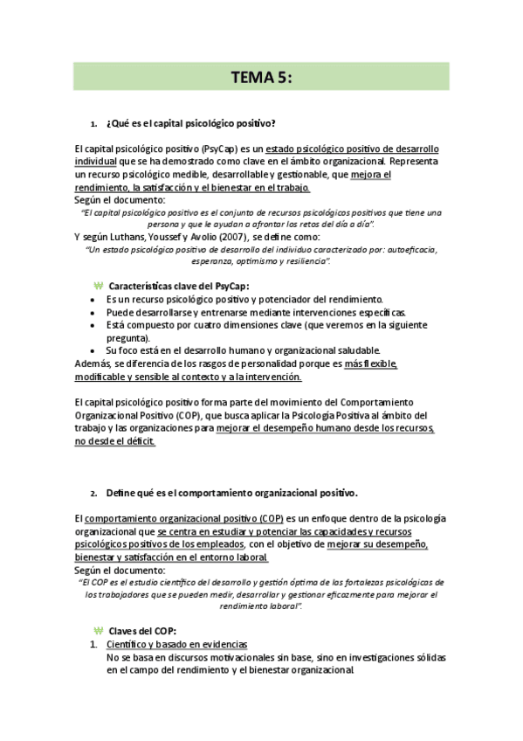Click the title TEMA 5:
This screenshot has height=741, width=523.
261,77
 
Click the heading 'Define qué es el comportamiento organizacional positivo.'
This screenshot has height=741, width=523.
232,492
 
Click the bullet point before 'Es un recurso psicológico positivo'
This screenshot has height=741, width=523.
93,300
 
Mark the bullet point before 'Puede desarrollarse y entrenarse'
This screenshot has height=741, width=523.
93,312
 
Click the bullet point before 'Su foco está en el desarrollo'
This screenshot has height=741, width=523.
93,350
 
